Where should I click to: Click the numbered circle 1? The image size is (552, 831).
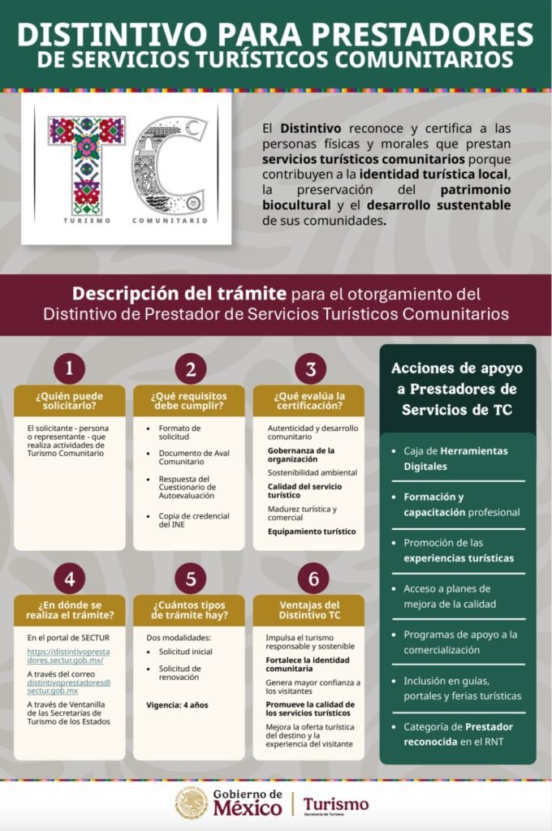[70, 369]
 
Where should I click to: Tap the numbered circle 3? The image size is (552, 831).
[310, 369]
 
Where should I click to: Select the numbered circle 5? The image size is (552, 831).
[190, 579]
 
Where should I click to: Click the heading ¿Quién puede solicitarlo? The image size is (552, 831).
[70, 400]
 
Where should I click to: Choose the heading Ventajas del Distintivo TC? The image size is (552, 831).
[309, 610]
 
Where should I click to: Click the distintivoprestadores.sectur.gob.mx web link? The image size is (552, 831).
[68, 656]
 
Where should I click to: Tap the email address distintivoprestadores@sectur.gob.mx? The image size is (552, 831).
[69, 687]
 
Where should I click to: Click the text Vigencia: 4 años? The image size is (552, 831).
[177, 704]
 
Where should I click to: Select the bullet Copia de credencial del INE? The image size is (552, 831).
[193, 520]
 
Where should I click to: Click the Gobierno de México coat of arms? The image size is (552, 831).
[192, 803]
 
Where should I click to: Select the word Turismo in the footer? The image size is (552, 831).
[336, 803]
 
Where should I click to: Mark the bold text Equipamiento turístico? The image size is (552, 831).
[312, 532]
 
